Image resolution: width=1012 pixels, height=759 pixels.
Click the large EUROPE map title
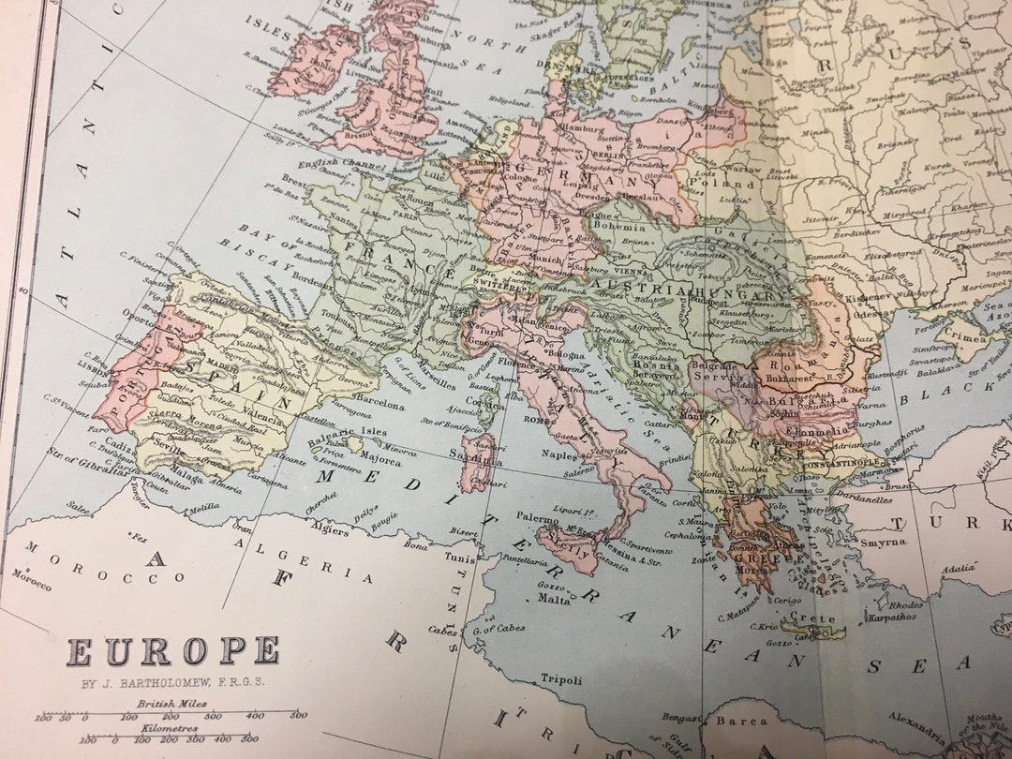point(173,651)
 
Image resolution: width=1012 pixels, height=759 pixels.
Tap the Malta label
point(554,600)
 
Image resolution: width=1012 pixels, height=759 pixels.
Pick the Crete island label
point(811,618)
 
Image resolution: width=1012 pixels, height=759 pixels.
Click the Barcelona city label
point(379,406)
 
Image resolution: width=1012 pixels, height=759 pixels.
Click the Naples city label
point(560,454)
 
